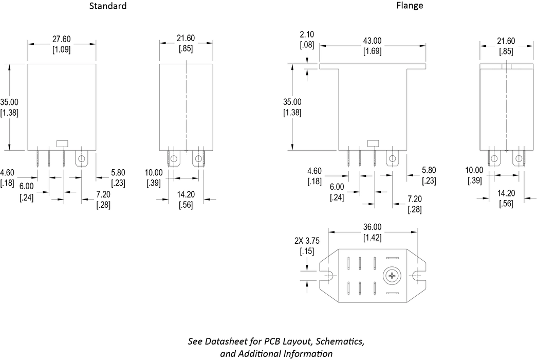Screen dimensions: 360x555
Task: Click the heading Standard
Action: (108, 6)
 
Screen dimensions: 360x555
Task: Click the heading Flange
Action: (410, 6)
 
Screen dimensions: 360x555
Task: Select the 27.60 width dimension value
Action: (62, 39)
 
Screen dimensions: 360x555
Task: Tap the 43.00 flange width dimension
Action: (373, 41)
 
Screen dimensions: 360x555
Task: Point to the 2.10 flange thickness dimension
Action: (307, 34)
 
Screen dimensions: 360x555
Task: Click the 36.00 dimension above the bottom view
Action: (373, 227)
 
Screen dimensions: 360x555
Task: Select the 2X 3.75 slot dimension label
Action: (307, 241)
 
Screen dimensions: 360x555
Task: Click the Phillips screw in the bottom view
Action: (393, 277)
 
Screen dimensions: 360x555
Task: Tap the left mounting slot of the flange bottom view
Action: (328, 277)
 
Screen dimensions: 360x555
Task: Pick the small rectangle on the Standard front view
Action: (62, 143)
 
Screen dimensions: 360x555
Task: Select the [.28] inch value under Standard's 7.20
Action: (103, 206)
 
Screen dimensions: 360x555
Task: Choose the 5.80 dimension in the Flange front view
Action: (429, 170)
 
